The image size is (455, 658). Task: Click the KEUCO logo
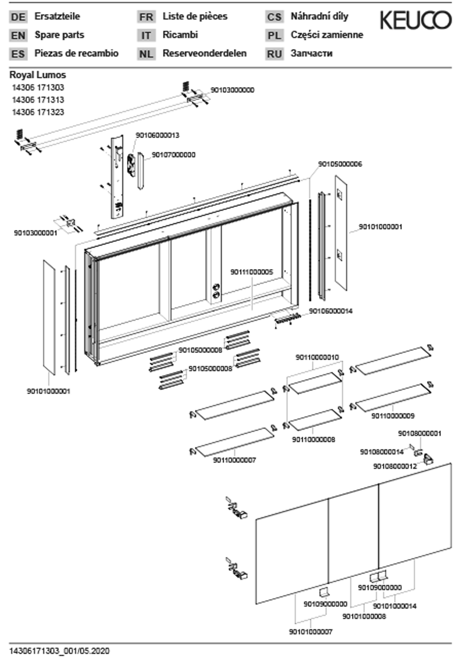(x=416, y=20)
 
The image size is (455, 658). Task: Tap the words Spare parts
(x=59, y=35)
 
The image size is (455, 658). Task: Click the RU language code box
(x=274, y=54)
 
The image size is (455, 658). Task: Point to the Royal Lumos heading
(x=38, y=75)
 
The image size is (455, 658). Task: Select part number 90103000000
(x=232, y=90)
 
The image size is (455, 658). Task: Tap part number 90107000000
(x=174, y=155)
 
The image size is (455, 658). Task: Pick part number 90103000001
(x=36, y=233)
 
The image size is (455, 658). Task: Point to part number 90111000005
(x=252, y=272)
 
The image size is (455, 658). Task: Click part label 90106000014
(x=331, y=311)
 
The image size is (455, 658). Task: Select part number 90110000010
(x=317, y=357)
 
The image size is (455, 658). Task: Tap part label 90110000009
(x=393, y=416)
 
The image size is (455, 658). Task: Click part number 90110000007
(x=234, y=460)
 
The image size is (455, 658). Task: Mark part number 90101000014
(x=395, y=606)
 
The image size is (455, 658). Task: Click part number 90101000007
(x=311, y=632)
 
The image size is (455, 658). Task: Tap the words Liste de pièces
(x=195, y=16)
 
